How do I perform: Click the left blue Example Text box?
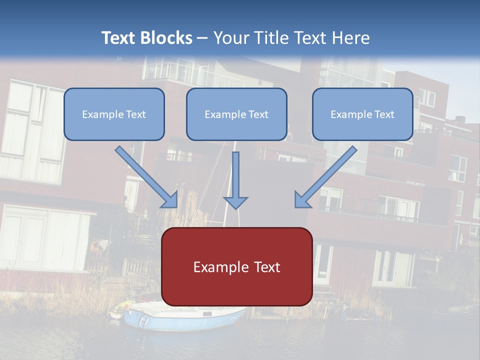[114, 114]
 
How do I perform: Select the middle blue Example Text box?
[236, 114]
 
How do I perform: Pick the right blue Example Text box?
[362, 114]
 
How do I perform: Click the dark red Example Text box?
[236, 266]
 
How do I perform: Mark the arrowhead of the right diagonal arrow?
[302, 200]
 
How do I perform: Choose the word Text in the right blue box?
[384, 114]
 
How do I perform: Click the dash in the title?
[202, 38]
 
